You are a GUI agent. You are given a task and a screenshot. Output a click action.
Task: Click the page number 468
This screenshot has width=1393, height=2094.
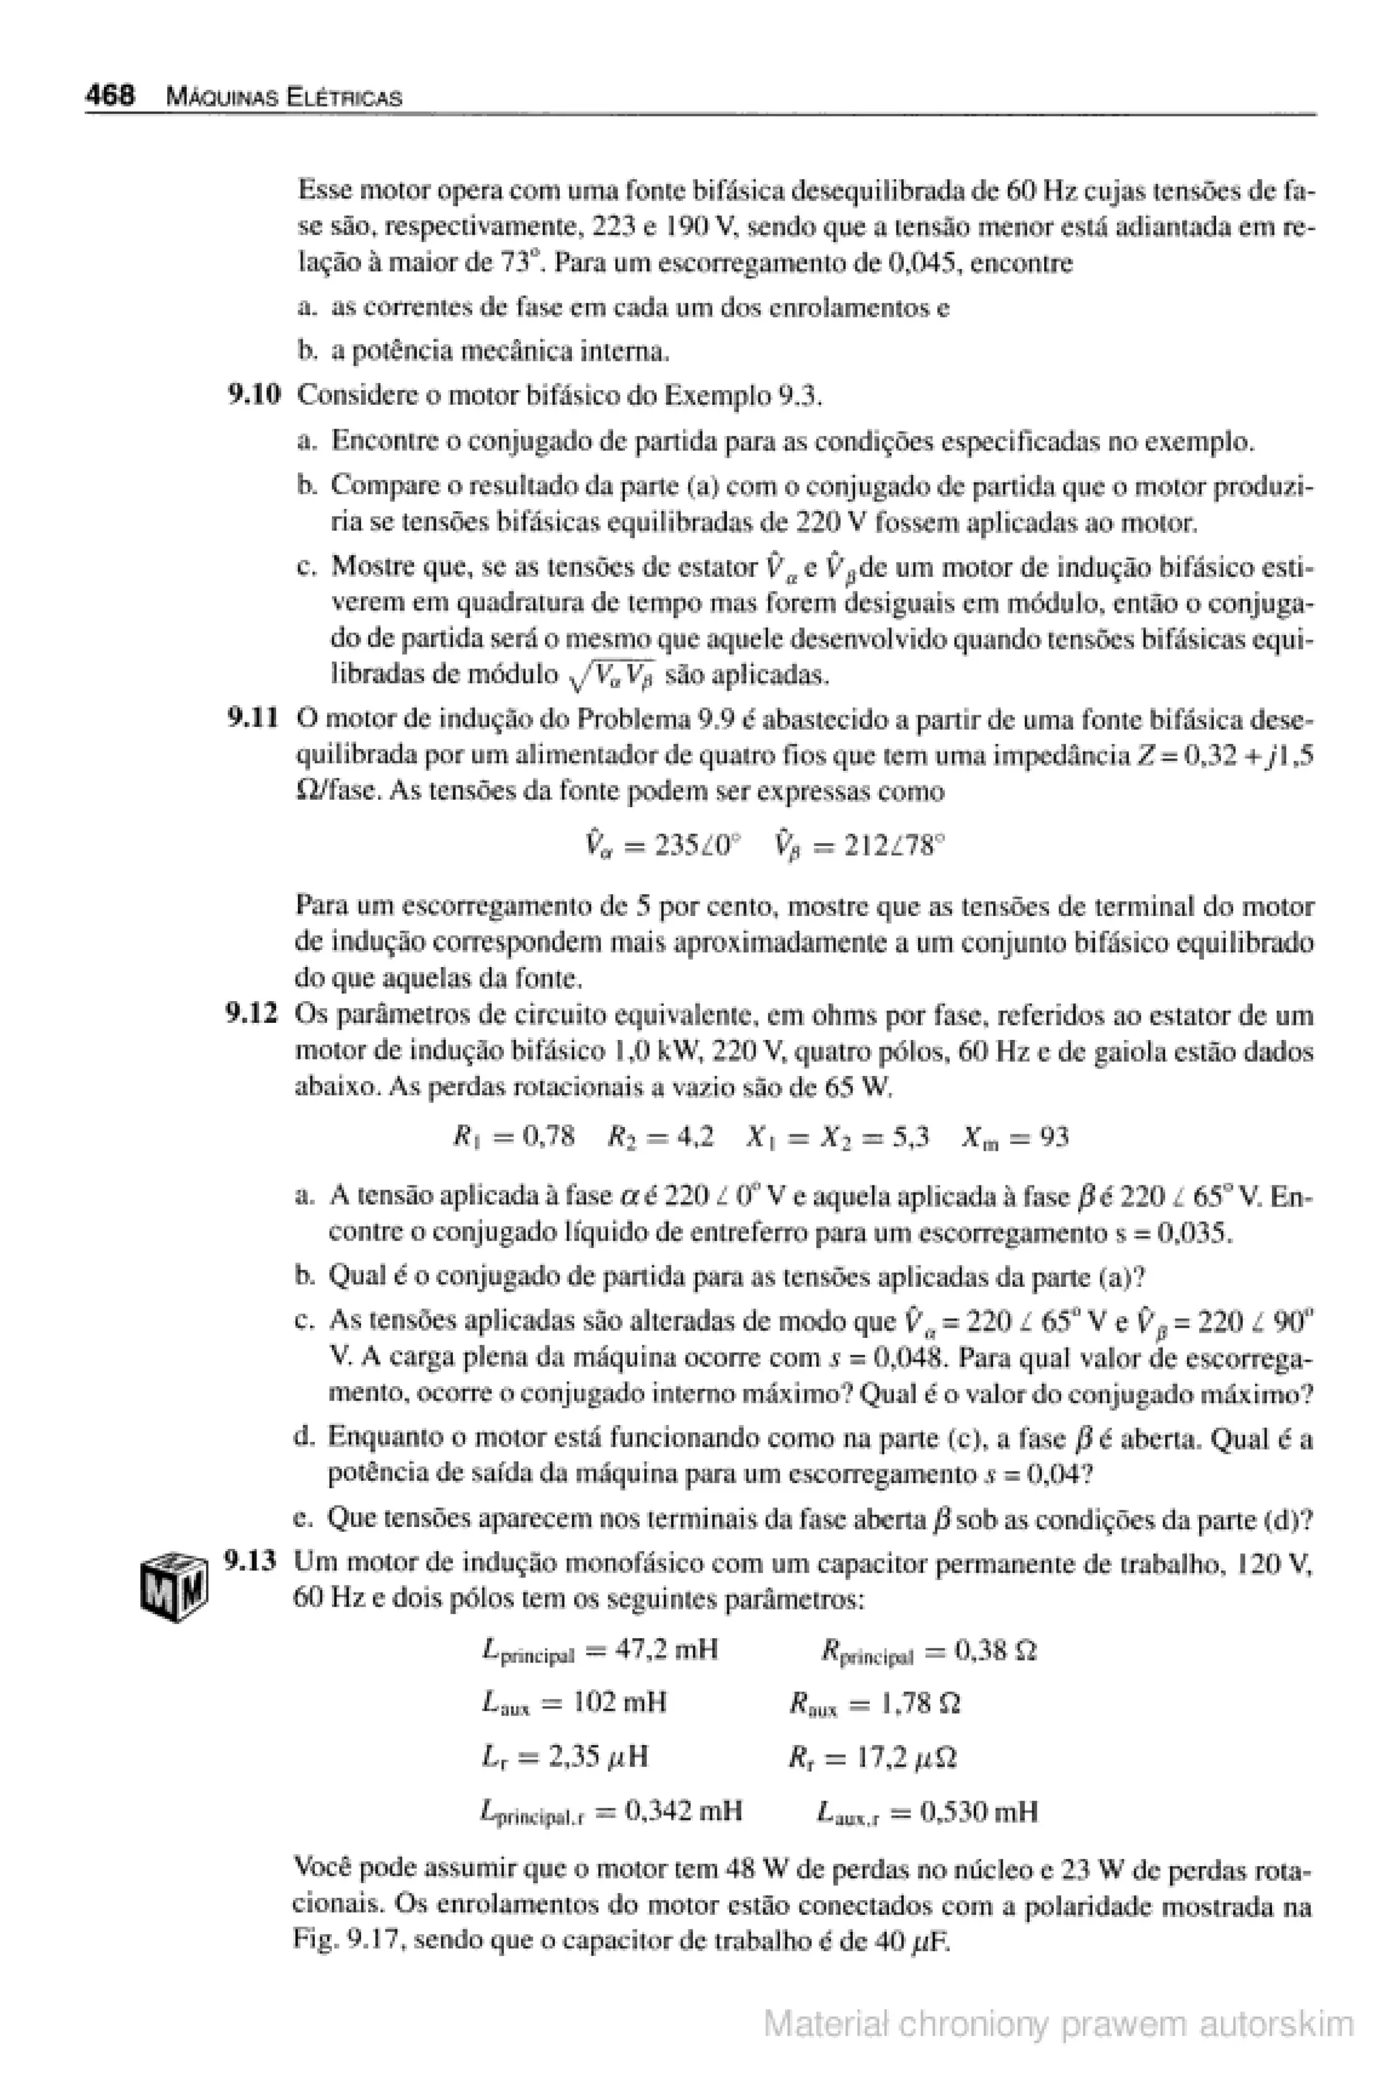pyautogui.click(x=110, y=96)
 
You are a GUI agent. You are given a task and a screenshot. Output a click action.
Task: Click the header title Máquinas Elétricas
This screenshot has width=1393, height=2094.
pyautogui.click(x=284, y=98)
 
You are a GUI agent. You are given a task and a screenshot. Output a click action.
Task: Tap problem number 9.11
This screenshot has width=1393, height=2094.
pyautogui.click(x=253, y=717)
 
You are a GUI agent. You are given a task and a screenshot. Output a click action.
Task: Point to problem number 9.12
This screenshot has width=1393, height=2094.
pyautogui.click(x=253, y=1014)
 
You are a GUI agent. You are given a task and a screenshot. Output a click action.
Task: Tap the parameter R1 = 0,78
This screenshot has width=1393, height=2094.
pyautogui.click(x=514, y=1136)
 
